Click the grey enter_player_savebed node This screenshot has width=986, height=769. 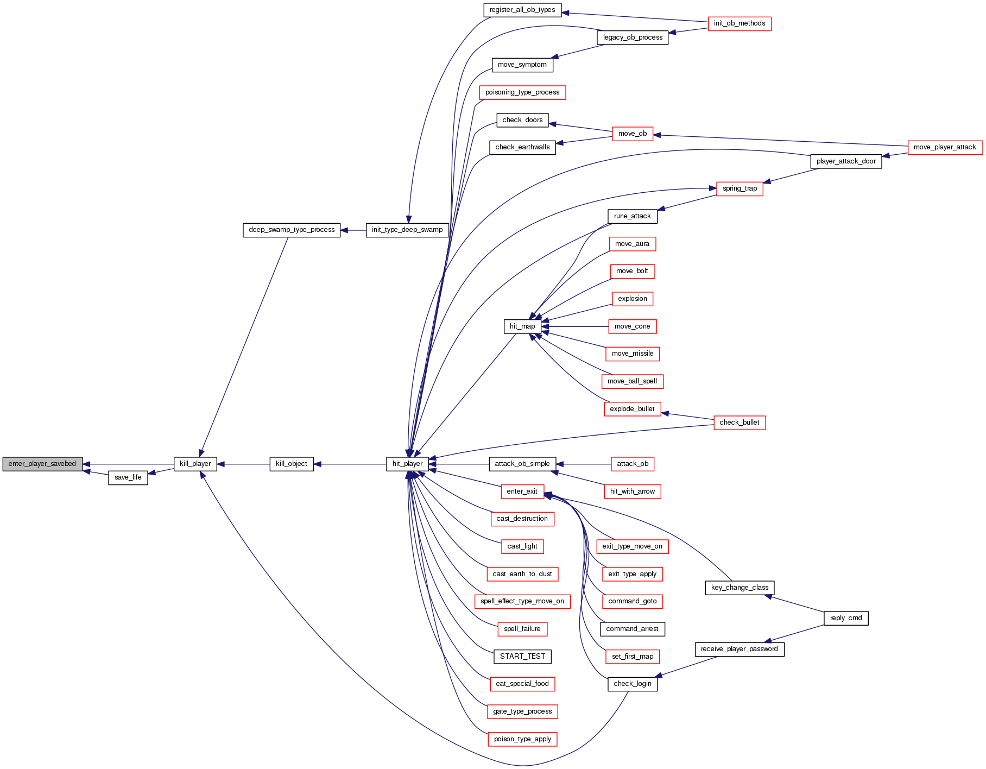pyautogui.click(x=42, y=464)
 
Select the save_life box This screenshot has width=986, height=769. pyautogui.click(x=128, y=477)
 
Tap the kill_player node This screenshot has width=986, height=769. pyautogui.click(x=195, y=464)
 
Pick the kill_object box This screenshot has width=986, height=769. pyautogui.click(x=292, y=464)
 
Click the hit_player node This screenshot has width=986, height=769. pyautogui.click(x=407, y=464)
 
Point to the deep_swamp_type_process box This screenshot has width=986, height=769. pyautogui.click(x=292, y=230)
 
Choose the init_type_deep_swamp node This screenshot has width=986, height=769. pyautogui.click(x=407, y=230)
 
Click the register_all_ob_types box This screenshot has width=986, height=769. pyautogui.click(x=522, y=10)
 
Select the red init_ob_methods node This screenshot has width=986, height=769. pyautogui.click(x=739, y=23)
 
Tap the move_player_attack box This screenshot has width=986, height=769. pyautogui.click(x=945, y=147)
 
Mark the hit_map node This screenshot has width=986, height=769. pyautogui.click(x=522, y=326)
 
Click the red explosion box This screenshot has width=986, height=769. pyautogui.click(x=633, y=299)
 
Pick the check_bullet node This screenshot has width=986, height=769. pyautogui.click(x=739, y=423)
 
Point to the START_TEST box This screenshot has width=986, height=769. pyautogui.click(x=522, y=656)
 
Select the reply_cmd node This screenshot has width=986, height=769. pyautogui.click(x=846, y=618)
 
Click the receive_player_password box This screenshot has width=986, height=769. pyautogui.click(x=739, y=649)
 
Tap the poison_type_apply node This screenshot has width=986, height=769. pyautogui.click(x=522, y=739)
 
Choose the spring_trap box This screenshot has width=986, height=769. pyautogui.click(x=739, y=188)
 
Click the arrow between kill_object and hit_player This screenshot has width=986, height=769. pyautogui.click(x=350, y=464)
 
